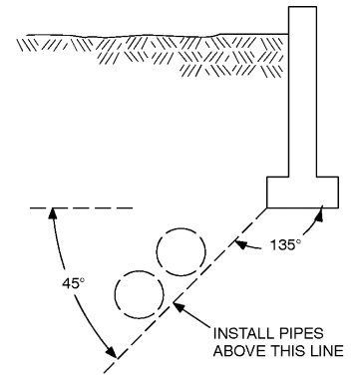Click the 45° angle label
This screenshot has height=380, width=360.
pos(61,282)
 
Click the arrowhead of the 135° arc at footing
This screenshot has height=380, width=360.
pos(323,211)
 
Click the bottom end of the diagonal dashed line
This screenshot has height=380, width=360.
pos(115,357)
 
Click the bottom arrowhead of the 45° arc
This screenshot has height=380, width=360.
pos(109,353)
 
